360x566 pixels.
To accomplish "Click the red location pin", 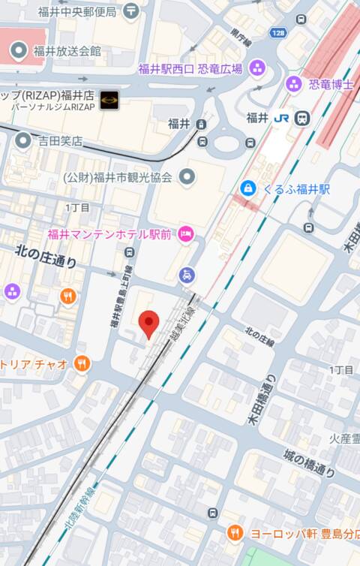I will click(150, 324).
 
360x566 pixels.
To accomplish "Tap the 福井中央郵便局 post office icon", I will click(132, 11).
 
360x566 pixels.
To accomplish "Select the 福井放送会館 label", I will click(67, 51).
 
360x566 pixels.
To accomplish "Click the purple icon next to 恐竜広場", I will click(257, 68).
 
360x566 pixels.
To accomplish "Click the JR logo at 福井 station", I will click(280, 118).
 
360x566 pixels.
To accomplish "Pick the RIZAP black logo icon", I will click(109, 98).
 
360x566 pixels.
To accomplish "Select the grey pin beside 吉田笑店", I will click(23, 140).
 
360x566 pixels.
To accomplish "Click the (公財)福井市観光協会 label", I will click(118, 178).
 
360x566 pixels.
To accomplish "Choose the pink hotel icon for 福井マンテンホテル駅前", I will click(185, 235).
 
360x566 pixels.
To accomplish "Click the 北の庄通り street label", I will click(46, 260).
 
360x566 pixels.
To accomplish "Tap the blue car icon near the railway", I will click(187, 275).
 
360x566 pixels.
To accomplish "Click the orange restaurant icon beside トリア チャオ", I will click(82, 364).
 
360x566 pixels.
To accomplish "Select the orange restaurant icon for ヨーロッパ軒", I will click(235, 532).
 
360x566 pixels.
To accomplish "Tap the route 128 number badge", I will click(278, 33).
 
